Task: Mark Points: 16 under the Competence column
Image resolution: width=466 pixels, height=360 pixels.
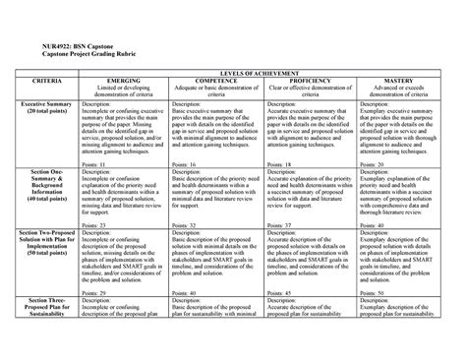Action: [188, 164]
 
